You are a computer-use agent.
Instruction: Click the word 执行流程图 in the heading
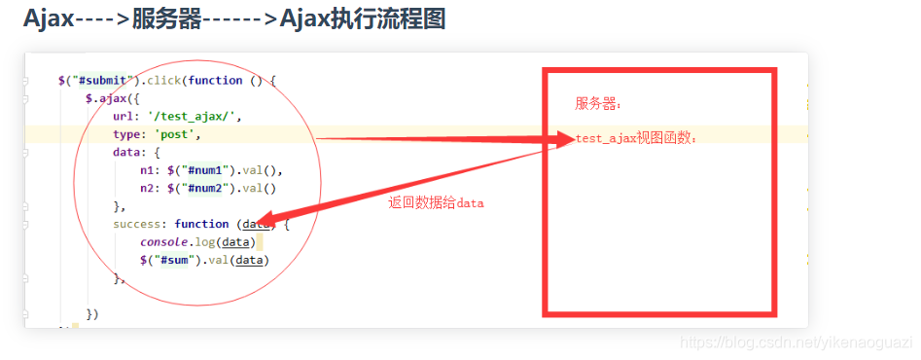(385, 18)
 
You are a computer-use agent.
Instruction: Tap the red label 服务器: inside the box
(598, 103)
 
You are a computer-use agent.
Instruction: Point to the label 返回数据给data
(436, 203)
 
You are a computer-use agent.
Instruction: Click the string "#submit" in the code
(103, 80)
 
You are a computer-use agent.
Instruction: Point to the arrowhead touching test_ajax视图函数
(564, 140)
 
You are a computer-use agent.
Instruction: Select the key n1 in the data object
(147, 169)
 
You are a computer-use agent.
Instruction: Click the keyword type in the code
(126, 134)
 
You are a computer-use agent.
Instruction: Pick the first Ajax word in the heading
(49, 18)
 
